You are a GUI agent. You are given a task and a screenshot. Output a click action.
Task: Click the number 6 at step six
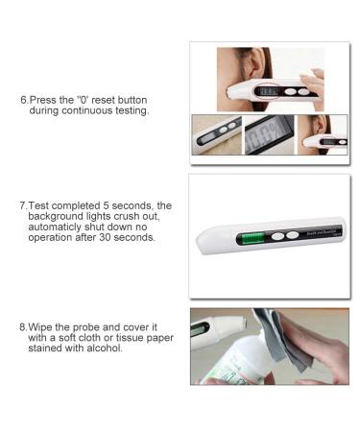point(24,100)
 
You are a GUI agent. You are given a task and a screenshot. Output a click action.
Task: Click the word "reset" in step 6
point(103,100)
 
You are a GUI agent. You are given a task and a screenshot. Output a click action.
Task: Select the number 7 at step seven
point(23,205)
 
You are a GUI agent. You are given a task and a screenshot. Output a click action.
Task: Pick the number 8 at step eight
point(23,327)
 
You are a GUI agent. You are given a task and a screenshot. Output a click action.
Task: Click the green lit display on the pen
point(253,238)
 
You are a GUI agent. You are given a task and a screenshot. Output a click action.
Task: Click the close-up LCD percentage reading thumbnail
point(269,135)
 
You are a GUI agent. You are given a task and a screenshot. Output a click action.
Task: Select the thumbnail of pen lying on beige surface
point(217,135)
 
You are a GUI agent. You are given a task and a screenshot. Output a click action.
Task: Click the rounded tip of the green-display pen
point(202,242)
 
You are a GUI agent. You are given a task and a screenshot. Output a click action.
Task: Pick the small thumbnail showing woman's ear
point(323,135)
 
